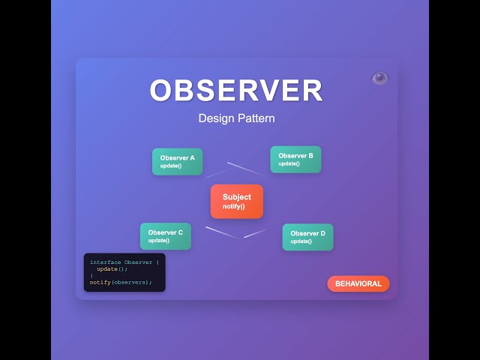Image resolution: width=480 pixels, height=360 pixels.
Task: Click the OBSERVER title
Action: tap(236, 91)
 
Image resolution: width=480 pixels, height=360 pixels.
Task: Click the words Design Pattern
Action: tap(236, 118)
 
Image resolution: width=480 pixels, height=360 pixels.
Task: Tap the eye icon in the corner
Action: tap(379, 78)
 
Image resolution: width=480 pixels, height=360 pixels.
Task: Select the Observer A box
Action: tap(177, 161)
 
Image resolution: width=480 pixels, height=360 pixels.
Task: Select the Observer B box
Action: tap(295, 159)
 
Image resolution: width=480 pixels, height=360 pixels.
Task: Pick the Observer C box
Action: tap(165, 236)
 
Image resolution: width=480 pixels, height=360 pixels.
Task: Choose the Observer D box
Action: tap(307, 237)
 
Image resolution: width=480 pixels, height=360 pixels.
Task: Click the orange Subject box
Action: tap(236, 201)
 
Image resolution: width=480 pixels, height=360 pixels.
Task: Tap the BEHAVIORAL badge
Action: tap(358, 283)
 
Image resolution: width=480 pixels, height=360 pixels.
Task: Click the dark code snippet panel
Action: tap(124, 272)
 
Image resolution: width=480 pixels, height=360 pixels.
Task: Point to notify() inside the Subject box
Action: tap(233, 206)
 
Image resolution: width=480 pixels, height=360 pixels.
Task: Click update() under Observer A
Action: tap(171, 166)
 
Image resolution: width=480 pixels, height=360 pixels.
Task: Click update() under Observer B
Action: tap(289, 163)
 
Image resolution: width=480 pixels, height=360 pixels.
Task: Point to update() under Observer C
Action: tap(158, 241)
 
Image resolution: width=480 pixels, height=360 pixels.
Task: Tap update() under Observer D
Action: tap(301, 241)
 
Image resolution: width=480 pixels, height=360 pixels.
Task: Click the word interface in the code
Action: tap(105, 262)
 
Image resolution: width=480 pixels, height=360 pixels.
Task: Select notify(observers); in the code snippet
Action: tap(121, 283)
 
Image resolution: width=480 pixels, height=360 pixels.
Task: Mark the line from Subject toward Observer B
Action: tap(245, 169)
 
